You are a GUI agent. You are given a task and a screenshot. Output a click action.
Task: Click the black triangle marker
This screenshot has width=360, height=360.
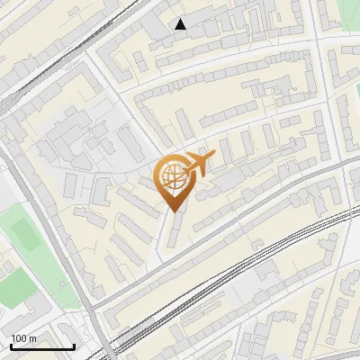coord(181,24)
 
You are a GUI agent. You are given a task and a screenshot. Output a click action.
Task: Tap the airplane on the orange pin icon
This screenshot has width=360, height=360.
coord(199,164)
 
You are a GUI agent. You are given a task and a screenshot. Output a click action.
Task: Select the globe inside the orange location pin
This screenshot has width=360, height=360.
coord(172,178)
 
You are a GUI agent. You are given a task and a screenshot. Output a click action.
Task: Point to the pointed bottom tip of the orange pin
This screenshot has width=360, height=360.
coord(175,211)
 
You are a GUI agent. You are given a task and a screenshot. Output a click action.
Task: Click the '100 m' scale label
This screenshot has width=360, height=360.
coord(24,337)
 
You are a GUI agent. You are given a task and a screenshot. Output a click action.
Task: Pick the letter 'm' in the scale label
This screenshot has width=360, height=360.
coord(33,337)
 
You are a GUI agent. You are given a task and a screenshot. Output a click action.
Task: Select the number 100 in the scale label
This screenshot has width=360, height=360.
coord(20,337)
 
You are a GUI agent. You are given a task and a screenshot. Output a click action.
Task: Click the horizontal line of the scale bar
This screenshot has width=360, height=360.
coord(42,346)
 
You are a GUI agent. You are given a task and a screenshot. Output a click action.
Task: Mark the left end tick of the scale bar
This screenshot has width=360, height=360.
coord(11,345)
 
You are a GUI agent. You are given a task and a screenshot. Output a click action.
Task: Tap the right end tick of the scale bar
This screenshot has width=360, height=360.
coord(74,345)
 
